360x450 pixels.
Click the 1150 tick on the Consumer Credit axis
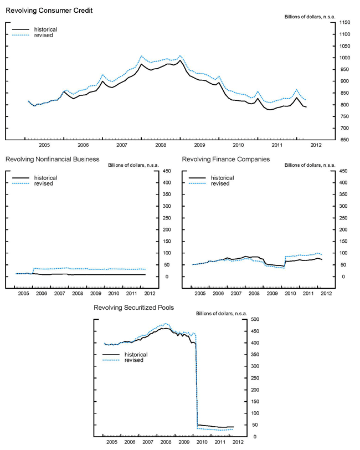point(344,22)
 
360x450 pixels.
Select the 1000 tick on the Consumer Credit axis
point(344,58)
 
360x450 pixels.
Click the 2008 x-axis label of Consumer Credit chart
point(161,145)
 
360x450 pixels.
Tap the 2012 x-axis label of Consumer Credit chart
point(316,145)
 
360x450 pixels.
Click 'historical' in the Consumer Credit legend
point(45,29)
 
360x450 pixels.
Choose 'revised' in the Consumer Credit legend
point(43,35)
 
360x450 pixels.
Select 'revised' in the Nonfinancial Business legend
point(43,184)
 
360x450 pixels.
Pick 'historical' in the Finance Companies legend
point(222,178)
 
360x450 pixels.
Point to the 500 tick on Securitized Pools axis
point(255,320)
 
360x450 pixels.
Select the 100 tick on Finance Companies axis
point(343,253)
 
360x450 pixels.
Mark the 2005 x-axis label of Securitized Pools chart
point(112,443)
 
